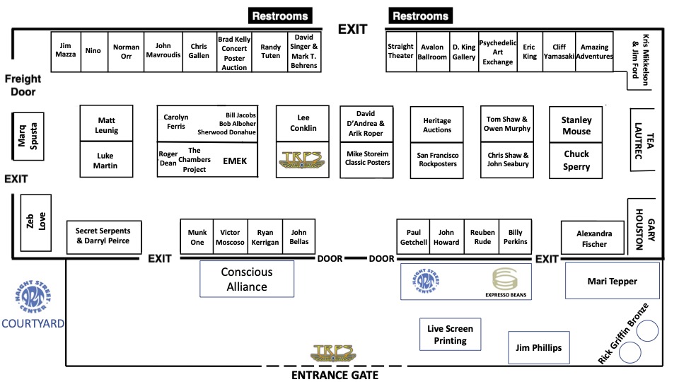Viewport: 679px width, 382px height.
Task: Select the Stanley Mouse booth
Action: (x=576, y=125)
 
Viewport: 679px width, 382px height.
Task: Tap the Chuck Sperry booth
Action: (x=576, y=161)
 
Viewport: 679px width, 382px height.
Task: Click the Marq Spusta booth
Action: (x=28, y=134)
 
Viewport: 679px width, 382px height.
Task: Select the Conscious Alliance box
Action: (x=247, y=279)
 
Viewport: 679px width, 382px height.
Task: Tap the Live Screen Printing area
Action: (x=451, y=335)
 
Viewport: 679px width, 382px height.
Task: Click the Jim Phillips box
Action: (x=539, y=347)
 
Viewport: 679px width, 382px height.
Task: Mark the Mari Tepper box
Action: (x=612, y=281)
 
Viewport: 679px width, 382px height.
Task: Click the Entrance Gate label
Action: (x=335, y=375)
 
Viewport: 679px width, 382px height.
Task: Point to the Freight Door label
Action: (x=22, y=85)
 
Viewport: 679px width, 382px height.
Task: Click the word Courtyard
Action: (x=32, y=324)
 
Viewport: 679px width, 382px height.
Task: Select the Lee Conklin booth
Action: (x=303, y=123)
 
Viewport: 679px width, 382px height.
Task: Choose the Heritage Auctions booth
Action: (x=437, y=125)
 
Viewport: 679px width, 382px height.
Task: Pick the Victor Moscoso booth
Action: (x=231, y=237)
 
